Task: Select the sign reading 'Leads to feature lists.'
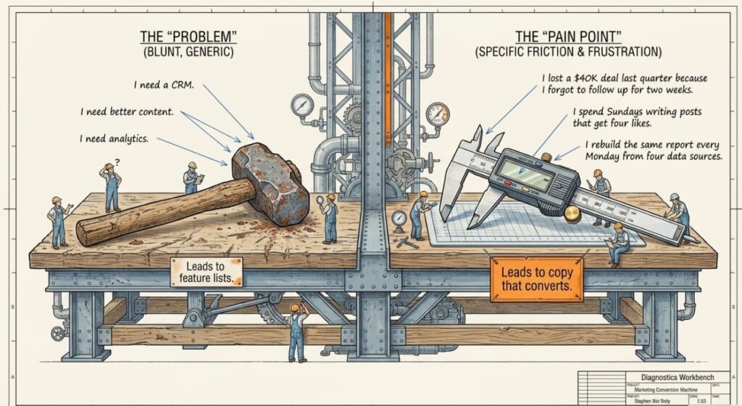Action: [x=206, y=272]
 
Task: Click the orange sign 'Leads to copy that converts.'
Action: [x=535, y=280]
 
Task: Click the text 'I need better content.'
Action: [x=128, y=113]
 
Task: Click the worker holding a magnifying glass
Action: [x=330, y=217]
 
